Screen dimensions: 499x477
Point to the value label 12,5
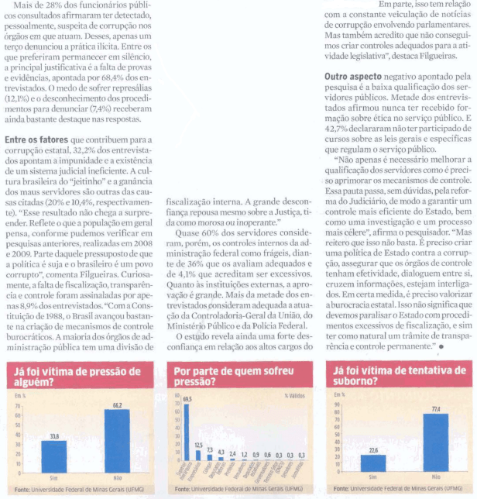coord(198,445)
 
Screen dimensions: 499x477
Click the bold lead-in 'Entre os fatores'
coord(37,139)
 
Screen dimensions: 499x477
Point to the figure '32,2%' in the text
coord(81,149)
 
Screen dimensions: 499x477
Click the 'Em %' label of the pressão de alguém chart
coord(19,395)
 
